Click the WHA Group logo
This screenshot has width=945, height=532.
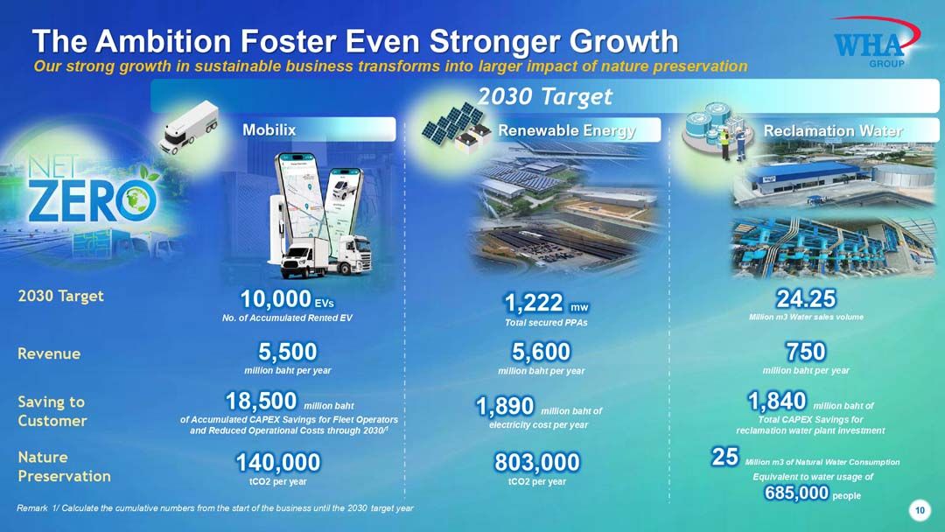click(x=876, y=42)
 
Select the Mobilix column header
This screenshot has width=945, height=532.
click(x=269, y=129)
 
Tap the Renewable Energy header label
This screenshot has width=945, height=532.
click(x=566, y=130)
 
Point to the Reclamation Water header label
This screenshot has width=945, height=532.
click(x=833, y=130)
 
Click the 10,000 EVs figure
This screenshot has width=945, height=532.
click(x=287, y=299)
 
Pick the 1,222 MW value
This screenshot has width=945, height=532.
click(x=546, y=303)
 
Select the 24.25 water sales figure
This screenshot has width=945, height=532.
click(x=806, y=298)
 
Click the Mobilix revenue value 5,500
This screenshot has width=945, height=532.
click(x=288, y=351)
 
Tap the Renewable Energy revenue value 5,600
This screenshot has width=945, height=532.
click(x=541, y=351)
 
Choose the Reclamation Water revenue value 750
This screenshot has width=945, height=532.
click(x=806, y=351)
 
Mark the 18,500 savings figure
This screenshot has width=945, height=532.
click(x=261, y=401)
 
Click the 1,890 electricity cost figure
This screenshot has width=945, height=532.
click(x=505, y=406)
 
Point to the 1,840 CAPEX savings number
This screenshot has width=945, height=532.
click(x=777, y=401)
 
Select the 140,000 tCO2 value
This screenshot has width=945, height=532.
click(x=278, y=462)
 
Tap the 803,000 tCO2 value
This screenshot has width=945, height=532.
click(x=537, y=462)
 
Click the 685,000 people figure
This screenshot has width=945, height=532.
click(x=797, y=493)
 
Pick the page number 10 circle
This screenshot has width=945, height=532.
click(x=920, y=510)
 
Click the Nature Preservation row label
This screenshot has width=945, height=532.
click(x=64, y=466)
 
